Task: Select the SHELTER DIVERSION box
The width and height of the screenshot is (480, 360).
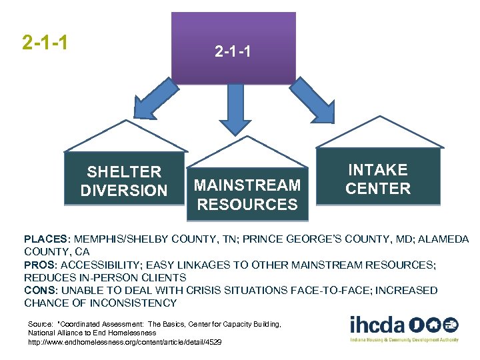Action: pos(123,181)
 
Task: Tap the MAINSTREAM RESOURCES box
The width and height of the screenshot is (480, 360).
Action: pos(247,194)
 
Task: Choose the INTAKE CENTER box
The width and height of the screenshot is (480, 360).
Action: pos(378,179)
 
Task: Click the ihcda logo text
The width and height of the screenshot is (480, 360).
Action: pos(377,325)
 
